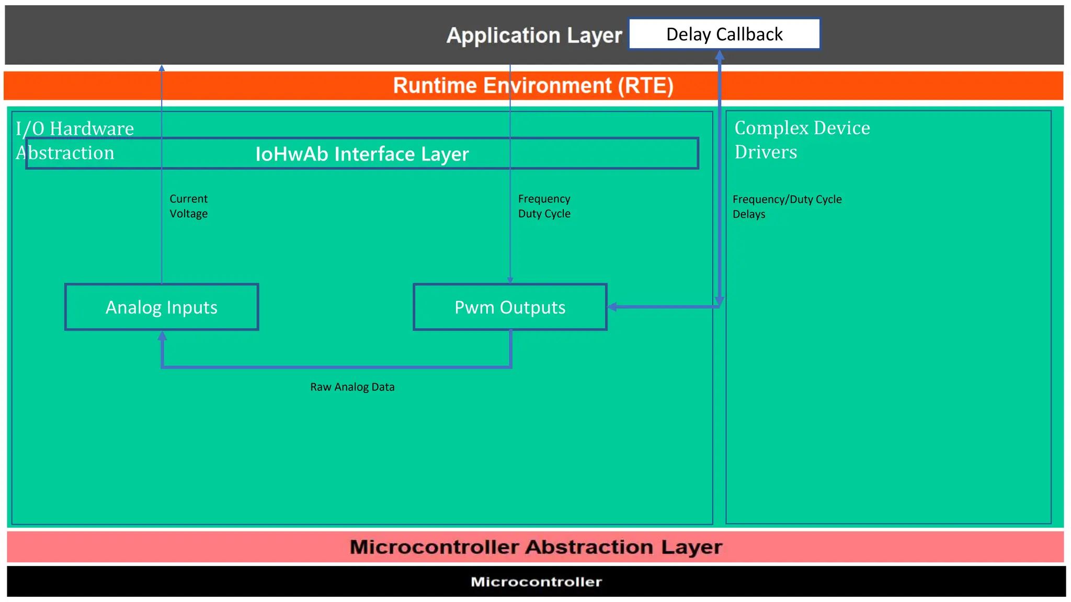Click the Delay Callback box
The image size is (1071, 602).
724,34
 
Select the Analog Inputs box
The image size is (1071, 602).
162,307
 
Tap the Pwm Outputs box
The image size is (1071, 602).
510,307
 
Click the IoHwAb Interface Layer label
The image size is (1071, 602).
362,154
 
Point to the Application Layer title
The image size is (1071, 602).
534,36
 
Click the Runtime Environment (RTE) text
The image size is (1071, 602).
533,86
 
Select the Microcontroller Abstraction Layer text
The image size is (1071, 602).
535,547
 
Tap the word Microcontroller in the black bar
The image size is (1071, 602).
536,582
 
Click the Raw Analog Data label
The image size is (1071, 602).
352,387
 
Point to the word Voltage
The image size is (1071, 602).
188,214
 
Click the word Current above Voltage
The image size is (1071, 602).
188,199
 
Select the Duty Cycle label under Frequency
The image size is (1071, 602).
544,214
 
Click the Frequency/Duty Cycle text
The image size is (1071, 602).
787,200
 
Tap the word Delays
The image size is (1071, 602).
748,214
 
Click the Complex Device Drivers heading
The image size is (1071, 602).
802,140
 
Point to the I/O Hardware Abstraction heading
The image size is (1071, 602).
74,140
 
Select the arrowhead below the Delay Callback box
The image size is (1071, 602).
720,55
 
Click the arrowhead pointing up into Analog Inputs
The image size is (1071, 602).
162,336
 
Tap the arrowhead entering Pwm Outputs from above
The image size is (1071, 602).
510,280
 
